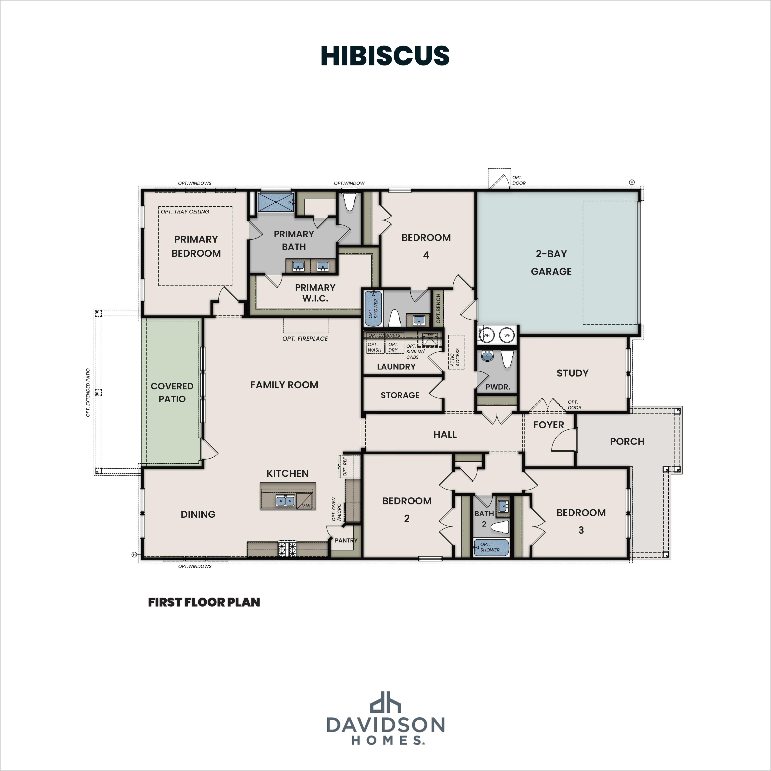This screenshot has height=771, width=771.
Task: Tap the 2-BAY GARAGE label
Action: [x=551, y=263]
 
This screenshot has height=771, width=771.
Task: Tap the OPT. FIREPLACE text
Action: [x=305, y=338]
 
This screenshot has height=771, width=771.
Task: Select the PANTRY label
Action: [x=346, y=540]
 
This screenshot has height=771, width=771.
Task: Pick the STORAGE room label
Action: [x=400, y=395]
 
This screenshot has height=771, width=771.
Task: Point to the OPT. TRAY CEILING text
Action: [x=185, y=211]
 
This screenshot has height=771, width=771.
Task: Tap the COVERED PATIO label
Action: [x=172, y=392]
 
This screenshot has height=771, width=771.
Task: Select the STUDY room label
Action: [x=572, y=373]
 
